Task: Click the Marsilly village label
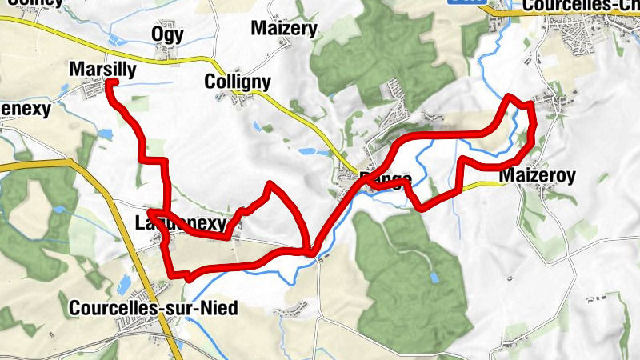point(102,70)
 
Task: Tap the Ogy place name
point(167,34)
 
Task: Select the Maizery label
point(284,29)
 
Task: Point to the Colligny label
point(238,82)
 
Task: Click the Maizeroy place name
point(537,175)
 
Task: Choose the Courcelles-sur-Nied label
point(154,308)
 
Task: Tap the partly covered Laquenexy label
point(181,222)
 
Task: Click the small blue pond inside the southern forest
point(434,278)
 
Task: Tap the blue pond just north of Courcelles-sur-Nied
point(123,285)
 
